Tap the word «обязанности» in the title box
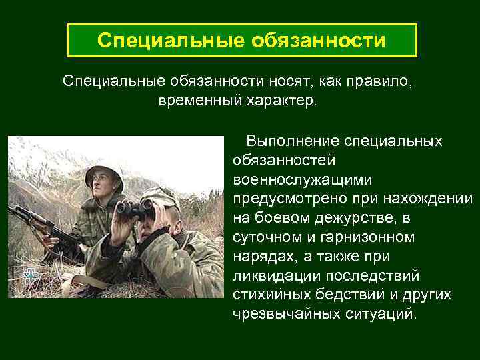click(x=319, y=41)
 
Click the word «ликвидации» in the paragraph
click(x=274, y=275)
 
